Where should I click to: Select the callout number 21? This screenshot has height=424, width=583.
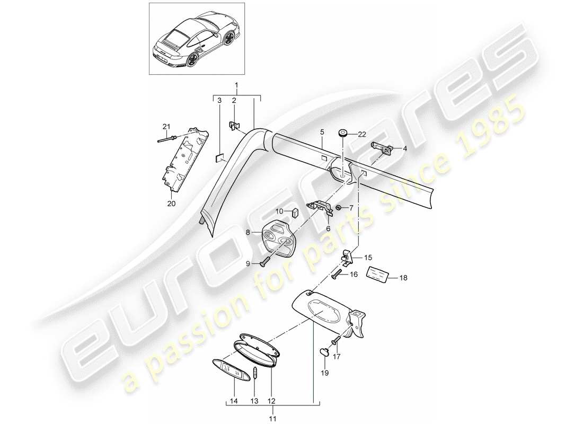pyautogui.click(x=165, y=126)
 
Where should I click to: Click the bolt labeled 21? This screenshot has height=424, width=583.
pyautogui.click(x=167, y=139)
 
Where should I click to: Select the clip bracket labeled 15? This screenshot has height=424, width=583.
pyautogui.click(x=345, y=257)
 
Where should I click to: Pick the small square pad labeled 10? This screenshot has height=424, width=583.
pyautogui.click(x=296, y=213)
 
